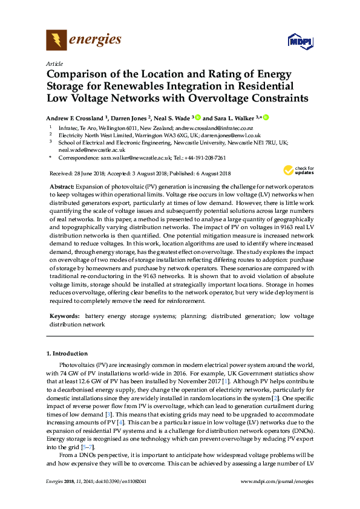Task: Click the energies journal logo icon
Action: [x=56, y=41]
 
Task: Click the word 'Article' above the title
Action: [x=54, y=63]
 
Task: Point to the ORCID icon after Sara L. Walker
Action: [x=265, y=118]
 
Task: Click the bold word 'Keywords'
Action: [x=64, y=316]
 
